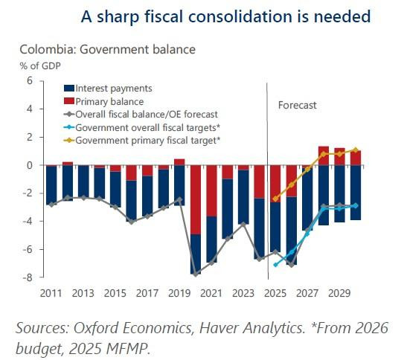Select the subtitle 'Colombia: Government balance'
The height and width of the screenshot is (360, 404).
(107, 50)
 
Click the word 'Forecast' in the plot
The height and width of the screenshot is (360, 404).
(298, 105)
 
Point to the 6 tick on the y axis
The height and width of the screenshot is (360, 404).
(31, 80)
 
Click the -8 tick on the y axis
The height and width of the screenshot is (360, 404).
(28, 277)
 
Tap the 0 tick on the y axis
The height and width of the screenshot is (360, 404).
(31, 165)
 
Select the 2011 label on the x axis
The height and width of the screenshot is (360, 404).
(51, 293)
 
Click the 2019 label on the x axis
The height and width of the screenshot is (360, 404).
(179, 293)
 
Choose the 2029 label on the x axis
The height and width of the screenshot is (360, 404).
(339, 293)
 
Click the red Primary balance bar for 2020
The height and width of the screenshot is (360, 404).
(196, 199)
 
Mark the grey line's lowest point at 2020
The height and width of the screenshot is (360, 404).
(196, 274)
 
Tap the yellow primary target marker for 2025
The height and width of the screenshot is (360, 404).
(276, 199)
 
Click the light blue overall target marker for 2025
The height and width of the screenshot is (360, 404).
(276, 265)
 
